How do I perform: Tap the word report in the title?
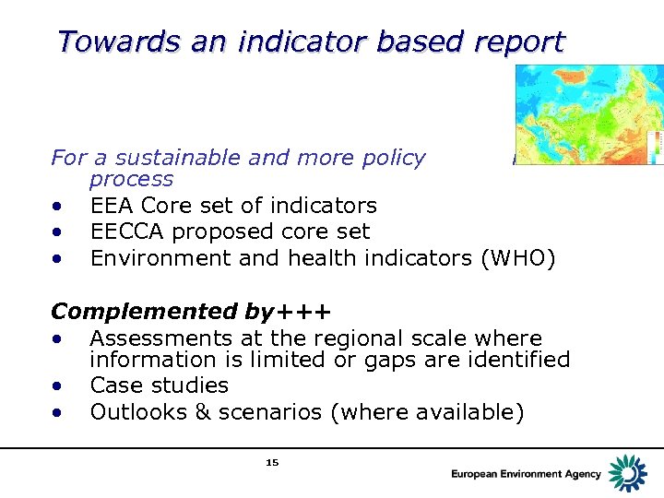517,41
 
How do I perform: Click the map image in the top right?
588,114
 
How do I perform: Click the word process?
131,179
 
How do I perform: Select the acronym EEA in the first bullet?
112,206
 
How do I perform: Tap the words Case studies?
159,385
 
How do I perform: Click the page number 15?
271,462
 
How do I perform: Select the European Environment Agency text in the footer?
526,474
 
